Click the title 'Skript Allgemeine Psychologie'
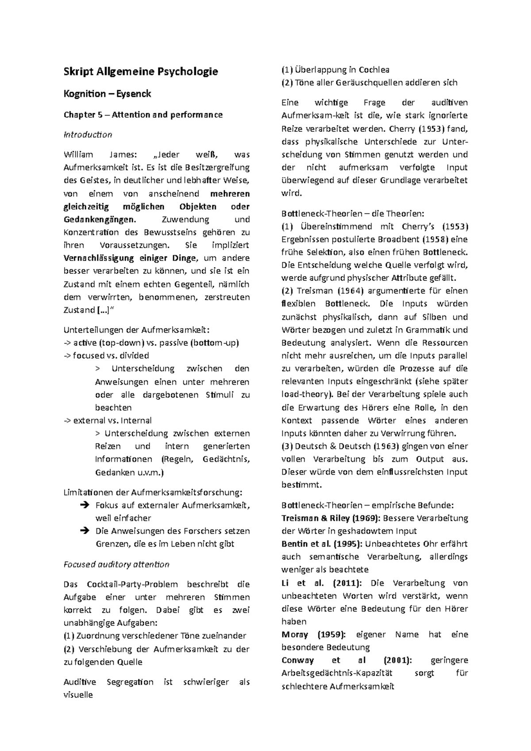pyautogui.click(x=141, y=71)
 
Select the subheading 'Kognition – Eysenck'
pyautogui.click(x=107, y=94)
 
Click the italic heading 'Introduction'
pyautogui.click(x=88, y=134)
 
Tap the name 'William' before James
pyautogui.click(x=78, y=155)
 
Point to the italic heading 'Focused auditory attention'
pyautogui.click(x=116, y=564)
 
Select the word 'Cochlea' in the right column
pyautogui.click(x=374, y=70)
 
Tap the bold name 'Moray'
pyautogui.click(x=294, y=634)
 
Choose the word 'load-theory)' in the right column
pyautogui.click(x=305, y=395)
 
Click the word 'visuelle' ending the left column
pyautogui.click(x=78, y=695)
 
